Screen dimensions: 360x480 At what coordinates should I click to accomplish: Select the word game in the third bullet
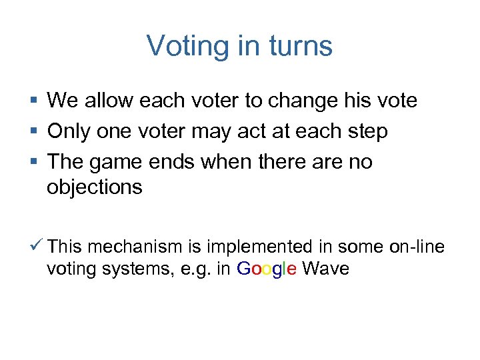119,162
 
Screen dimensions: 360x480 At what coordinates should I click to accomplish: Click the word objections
95,187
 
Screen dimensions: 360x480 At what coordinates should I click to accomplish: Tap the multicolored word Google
267,269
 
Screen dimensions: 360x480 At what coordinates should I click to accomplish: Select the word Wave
325,269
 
